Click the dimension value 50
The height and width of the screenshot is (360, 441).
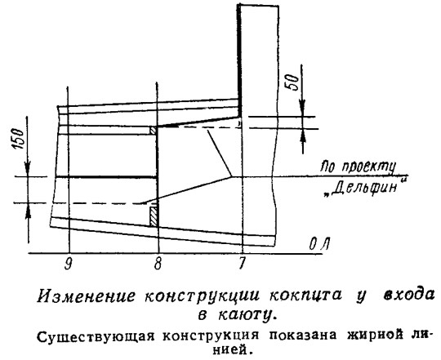tap(291, 82)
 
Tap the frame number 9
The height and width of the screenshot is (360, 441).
tap(68, 264)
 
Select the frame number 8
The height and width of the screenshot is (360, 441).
tap(158, 264)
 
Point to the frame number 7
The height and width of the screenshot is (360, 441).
tap(241, 264)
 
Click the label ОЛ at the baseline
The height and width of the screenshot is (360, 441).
tap(319, 244)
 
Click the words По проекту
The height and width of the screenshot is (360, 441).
tap(358, 167)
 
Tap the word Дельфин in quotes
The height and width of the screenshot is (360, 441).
tap(366, 187)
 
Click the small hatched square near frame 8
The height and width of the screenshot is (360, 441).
tap(153, 131)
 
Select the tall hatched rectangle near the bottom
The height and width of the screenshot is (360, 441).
tap(154, 216)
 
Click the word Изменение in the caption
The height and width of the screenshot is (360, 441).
tap(86, 296)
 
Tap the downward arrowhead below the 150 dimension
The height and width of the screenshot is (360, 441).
tap(28, 169)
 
